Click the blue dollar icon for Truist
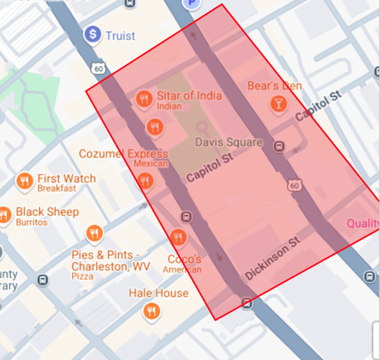92,34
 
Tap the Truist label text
120,35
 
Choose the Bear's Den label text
274,86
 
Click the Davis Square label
229,142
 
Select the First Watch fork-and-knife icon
25,180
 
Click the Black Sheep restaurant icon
4,214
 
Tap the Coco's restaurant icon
178,237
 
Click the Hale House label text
158,293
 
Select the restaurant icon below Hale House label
150,312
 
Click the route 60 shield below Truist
97,68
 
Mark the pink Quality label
363,224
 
